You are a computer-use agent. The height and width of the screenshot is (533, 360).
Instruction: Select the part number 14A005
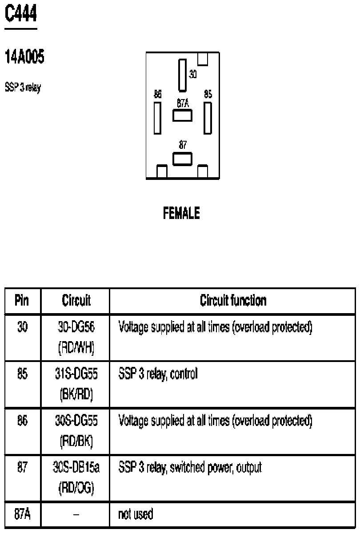point(24,57)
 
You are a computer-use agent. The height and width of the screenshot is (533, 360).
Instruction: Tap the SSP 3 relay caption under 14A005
point(23,88)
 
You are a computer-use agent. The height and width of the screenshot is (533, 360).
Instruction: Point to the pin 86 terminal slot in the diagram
point(157,118)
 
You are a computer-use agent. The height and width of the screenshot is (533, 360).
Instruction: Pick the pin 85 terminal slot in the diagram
point(208,118)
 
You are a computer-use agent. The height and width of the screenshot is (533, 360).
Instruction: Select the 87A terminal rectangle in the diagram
point(183,116)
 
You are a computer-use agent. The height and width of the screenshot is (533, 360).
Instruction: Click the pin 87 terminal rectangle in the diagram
point(182,159)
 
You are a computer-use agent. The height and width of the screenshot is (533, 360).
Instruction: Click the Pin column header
point(22,301)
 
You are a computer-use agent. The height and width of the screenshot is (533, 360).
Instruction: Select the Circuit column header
point(76,301)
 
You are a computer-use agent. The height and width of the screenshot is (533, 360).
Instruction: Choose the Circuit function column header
point(233,301)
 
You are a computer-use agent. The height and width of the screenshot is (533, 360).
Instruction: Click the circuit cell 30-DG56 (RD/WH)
point(76,337)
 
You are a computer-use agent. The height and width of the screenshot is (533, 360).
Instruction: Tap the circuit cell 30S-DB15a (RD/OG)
point(76,477)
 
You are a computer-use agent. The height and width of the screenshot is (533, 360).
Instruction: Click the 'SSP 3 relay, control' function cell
point(158,374)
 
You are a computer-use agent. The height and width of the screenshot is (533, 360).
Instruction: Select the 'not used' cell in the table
point(135,514)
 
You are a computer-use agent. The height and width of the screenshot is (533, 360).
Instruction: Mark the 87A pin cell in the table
point(22,514)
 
